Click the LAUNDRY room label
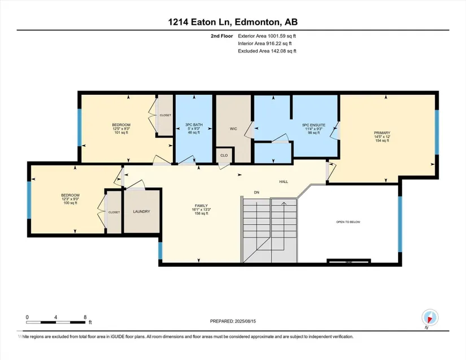[x=141, y=212]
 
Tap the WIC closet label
[x=233, y=129]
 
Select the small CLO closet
[x=224, y=155]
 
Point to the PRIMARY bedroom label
[x=382, y=133]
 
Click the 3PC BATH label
[x=194, y=125]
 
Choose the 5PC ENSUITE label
[x=313, y=125]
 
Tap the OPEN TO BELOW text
[x=348, y=222]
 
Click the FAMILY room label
[x=201, y=205]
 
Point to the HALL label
[x=284, y=182]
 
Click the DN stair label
[x=256, y=192]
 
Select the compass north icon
[x=430, y=318]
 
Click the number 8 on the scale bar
[x=85, y=317]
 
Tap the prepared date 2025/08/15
[x=245, y=321]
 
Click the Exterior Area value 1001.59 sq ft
[x=282, y=36]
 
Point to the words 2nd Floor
[x=222, y=36]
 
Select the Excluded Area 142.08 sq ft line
[x=267, y=51]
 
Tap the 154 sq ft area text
[x=382, y=141]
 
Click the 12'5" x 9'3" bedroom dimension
[x=121, y=129]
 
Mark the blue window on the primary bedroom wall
[x=437, y=133]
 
